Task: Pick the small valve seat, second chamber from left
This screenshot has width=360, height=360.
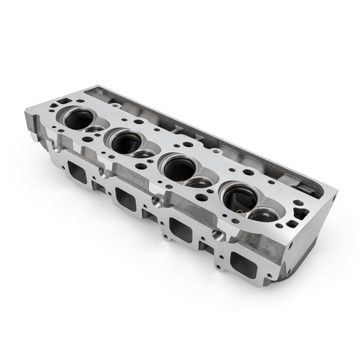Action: (x=143, y=154)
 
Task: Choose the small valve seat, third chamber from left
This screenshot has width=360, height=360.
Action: (x=199, y=182)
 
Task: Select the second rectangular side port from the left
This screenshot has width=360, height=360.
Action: (x=126, y=199)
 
